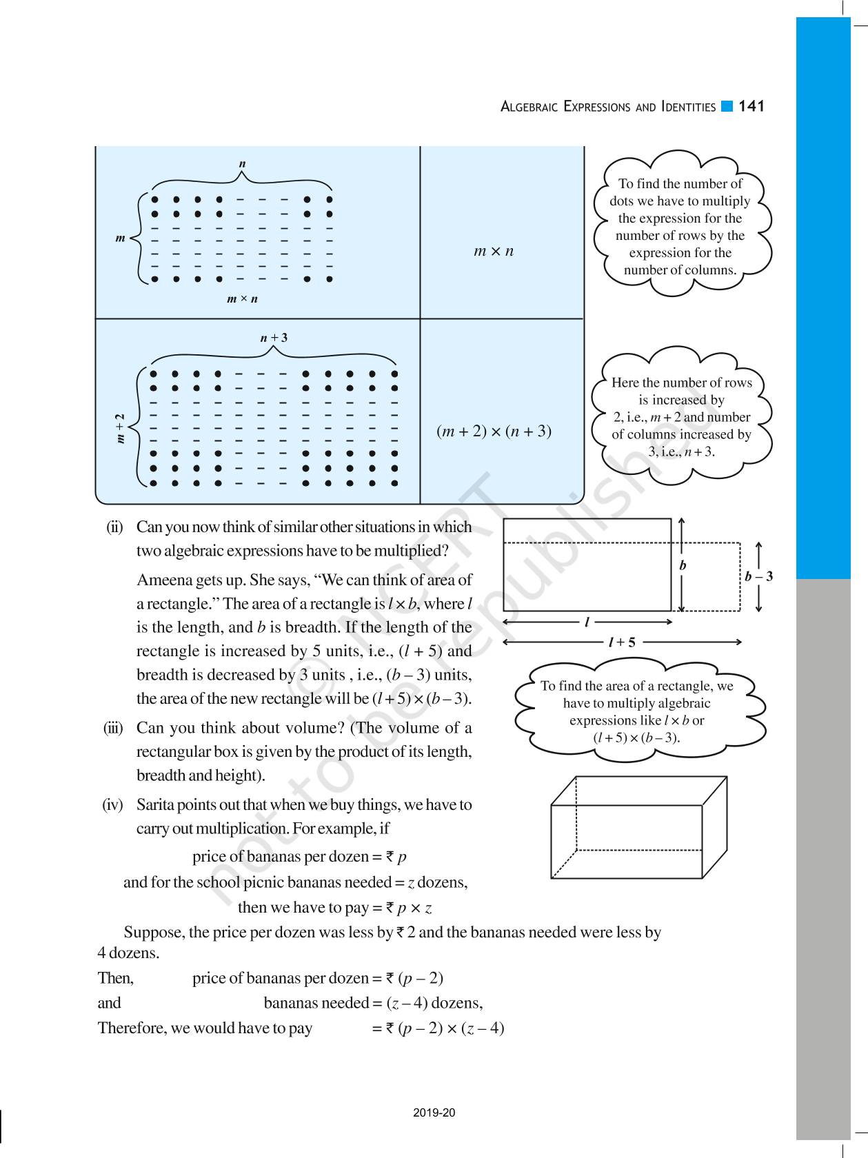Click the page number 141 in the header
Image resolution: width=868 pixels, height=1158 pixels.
(x=751, y=106)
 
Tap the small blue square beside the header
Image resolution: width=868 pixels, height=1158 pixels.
(x=727, y=106)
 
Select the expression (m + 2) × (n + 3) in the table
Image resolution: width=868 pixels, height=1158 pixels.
(x=494, y=431)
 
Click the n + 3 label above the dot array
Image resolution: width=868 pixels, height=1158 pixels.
(x=274, y=338)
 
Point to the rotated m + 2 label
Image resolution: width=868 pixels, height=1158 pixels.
(x=121, y=428)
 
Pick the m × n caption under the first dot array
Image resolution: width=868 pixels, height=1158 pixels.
(x=242, y=299)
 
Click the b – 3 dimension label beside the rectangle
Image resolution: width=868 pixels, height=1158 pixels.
(x=758, y=576)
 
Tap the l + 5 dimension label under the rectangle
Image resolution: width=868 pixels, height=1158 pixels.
(x=621, y=642)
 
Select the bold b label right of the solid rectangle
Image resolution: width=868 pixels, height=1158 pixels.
(x=683, y=565)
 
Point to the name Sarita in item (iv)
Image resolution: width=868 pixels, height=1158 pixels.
(x=157, y=805)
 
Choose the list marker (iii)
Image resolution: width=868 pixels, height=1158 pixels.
(x=113, y=729)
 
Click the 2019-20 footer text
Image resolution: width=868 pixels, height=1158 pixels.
(x=434, y=1113)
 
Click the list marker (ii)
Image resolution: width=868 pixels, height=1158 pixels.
(x=114, y=527)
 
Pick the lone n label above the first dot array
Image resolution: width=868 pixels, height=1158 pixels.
(x=242, y=164)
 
